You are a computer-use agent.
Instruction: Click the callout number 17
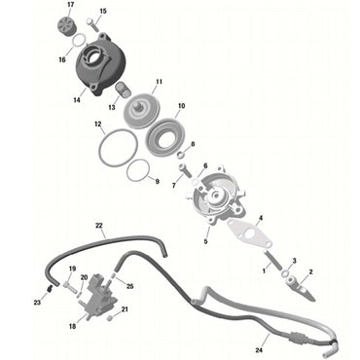(70, 5)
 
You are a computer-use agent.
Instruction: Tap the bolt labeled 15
(91, 23)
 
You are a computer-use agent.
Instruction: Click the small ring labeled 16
(78, 42)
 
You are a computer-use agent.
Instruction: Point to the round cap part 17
(68, 24)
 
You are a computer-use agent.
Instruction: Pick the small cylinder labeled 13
(122, 90)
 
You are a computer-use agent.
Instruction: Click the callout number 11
(159, 82)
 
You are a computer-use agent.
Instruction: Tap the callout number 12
(98, 125)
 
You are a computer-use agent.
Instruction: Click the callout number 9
(157, 181)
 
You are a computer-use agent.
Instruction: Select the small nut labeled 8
(181, 153)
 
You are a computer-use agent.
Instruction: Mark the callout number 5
(205, 241)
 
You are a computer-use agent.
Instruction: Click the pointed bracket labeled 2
(300, 288)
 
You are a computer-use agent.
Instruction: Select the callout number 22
(99, 225)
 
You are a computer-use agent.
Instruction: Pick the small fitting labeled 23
(50, 288)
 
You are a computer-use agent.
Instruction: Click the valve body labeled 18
(95, 297)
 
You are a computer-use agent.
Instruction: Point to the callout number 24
(259, 350)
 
